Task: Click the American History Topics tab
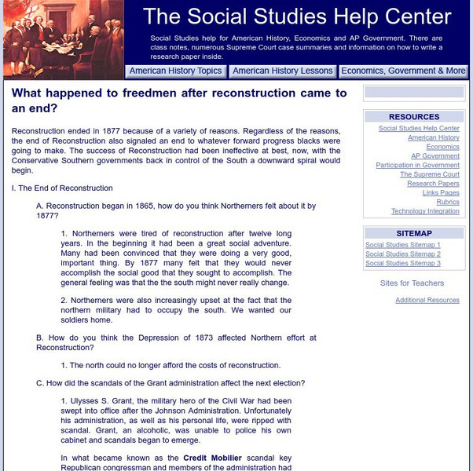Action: pyautogui.click(x=175, y=71)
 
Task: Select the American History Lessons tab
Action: pyautogui.click(x=283, y=71)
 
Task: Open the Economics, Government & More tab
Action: pyautogui.click(x=403, y=71)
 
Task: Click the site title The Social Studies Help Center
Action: pyautogui.click(x=298, y=16)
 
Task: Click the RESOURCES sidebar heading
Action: pyautogui.click(x=414, y=116)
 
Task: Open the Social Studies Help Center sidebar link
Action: pyautogui.click(x=419, y=128)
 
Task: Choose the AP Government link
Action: pyautogui.click(x=440, y=156)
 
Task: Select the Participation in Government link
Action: pyautogui.click(x=417, y=166)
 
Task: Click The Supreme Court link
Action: pyautogui.click(x=430, y=174)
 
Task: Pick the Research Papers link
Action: pyautogui.click(x=433, y=184)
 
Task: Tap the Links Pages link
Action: pyautogui.click(x=441, y=192)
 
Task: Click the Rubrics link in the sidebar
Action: pyautogui.click(x=448, y=202)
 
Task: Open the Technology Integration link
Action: pyautogui.click(x=425, y=211)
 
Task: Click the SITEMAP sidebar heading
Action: pyautogui.click(x=414, y=233)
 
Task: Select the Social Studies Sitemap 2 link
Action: pyautogui.click(x=403, y=254)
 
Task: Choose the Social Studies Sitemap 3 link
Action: pyautogui.click(x=403, y=264)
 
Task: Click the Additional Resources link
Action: pyautogui.click(x=427, y=300)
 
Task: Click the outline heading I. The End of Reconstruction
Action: pyautogui.click(x=62, y=188)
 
